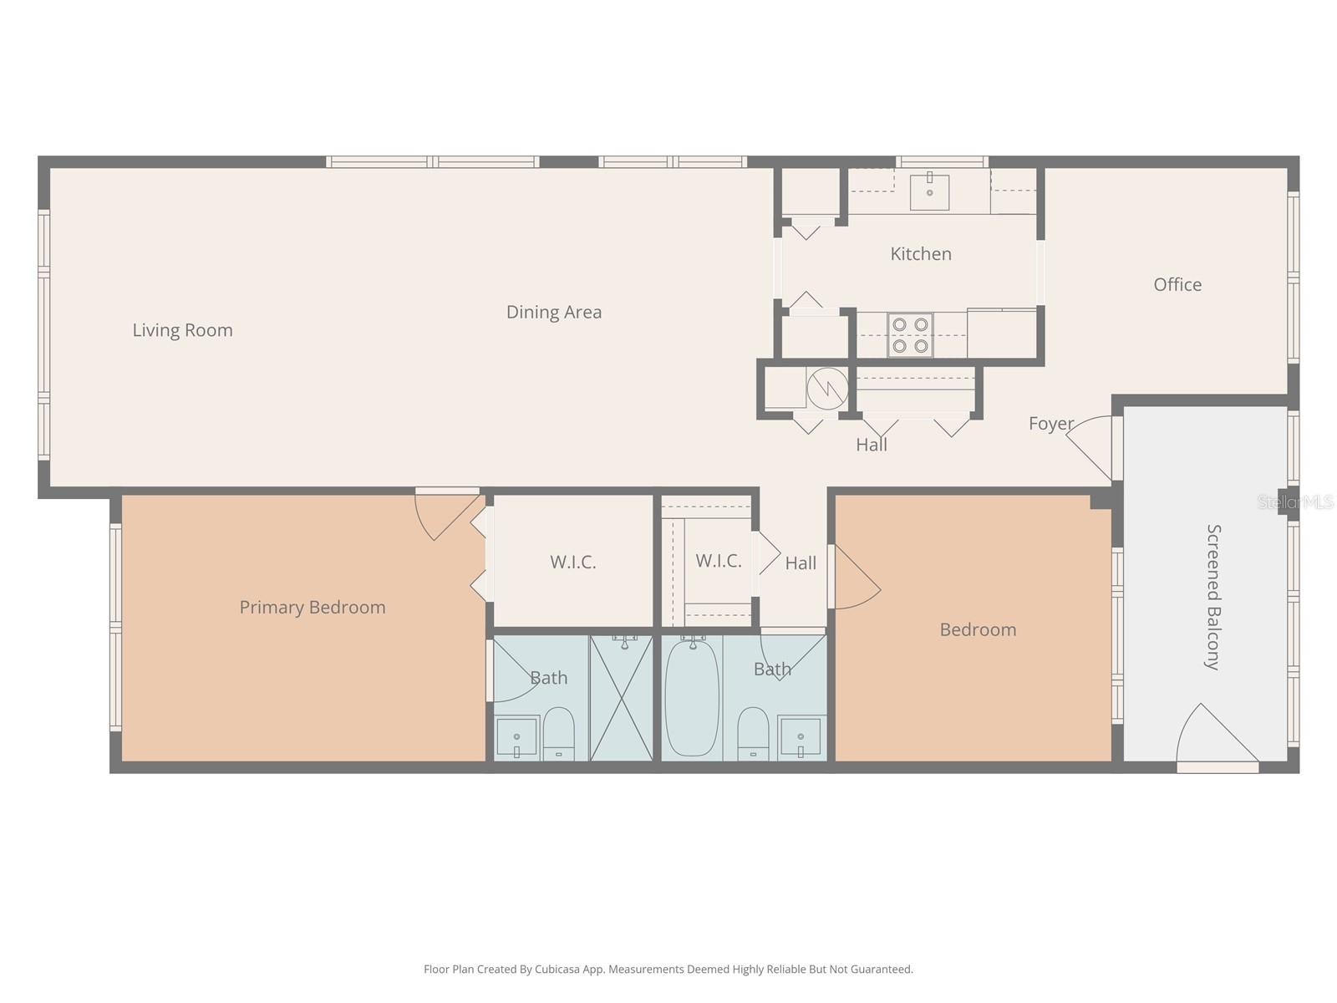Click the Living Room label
tap(182, 330)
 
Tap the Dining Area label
tap(553, 312)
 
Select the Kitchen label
tap(920, 254)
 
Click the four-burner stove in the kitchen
tap(910, 334)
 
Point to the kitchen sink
tap(929, 191)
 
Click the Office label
tap(1177, 285)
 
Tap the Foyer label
tap(1050, 424)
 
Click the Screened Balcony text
tap(1213, 597)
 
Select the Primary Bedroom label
tap(313, 608)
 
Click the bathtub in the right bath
tap(691, 699)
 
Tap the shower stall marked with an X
tap(621, 699)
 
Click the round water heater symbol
tap(827, 389)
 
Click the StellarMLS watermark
tap(1295, 502)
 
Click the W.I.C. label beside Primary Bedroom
tap(572, 563)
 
